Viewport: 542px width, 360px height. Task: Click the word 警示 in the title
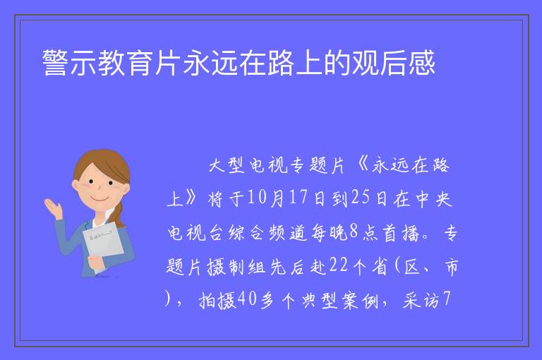point(70,63)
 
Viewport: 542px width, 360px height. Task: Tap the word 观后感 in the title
point(393,63)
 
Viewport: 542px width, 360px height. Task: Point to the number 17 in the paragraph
point(299,197)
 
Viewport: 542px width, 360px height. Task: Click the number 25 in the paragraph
point(361,197)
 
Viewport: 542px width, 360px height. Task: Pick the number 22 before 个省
point(339,265)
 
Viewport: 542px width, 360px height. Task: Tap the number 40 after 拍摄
point(247,299)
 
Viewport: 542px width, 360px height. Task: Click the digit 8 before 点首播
point(354,232)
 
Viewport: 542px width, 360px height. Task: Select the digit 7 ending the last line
point(447,299)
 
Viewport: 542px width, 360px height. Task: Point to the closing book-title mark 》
point(191,198)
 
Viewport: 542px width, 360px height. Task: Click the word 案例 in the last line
point(361,300)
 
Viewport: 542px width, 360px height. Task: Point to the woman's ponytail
point(119,213)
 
